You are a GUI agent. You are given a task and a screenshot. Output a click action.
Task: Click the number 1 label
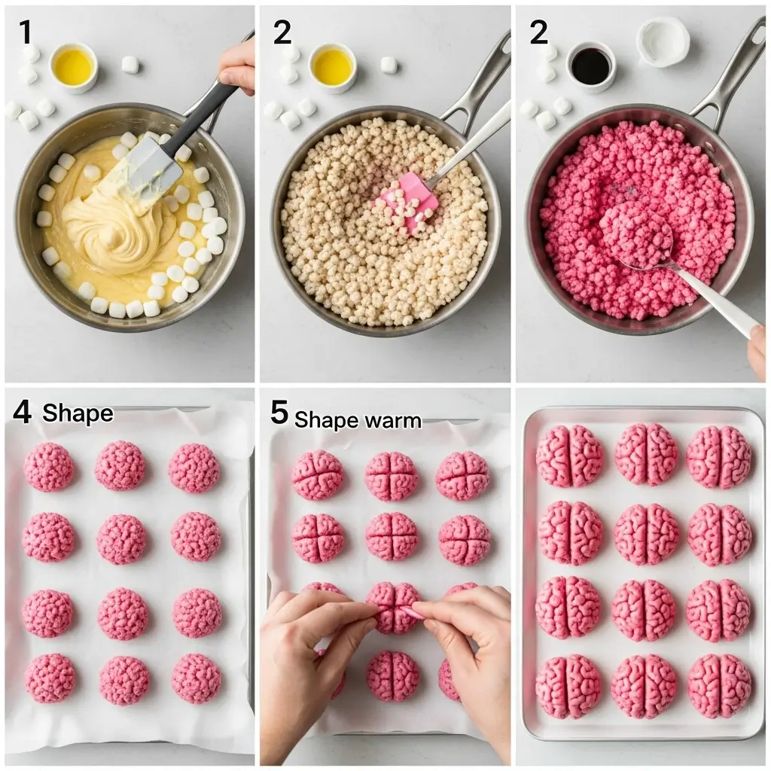[26, 32]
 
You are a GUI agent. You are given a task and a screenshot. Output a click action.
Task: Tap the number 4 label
[22, 413]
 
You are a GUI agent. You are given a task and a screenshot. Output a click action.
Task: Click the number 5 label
[279, 413]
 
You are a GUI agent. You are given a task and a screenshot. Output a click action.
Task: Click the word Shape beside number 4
[78, 413]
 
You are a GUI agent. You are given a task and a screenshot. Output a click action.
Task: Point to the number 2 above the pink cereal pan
[538, 32]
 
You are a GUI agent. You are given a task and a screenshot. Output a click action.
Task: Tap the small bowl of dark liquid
[590, 66]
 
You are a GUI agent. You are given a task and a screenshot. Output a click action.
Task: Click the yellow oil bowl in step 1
[73, 66]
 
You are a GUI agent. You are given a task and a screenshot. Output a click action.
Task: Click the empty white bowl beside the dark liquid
[662, 41]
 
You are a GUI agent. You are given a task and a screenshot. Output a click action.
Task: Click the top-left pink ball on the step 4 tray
[49, 467]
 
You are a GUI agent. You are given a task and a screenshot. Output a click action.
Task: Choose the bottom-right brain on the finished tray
[719, 685]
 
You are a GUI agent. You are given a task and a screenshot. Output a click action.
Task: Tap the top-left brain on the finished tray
[569, 456]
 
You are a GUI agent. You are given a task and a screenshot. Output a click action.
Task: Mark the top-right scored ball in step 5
[462, 475]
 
